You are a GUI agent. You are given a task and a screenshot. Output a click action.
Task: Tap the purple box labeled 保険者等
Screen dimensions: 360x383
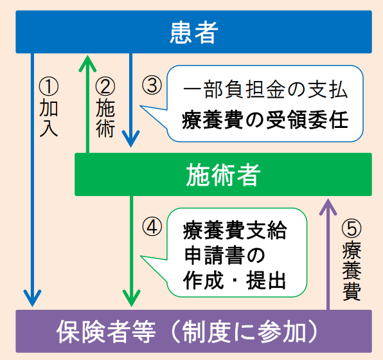tap(194, 331)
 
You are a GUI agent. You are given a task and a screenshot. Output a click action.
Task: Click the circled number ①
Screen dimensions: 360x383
tap(49, 85)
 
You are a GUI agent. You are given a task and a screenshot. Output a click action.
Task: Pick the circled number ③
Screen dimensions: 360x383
tap(150, 85)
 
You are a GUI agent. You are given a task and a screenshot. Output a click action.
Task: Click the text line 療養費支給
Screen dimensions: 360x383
tap(233, 230)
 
